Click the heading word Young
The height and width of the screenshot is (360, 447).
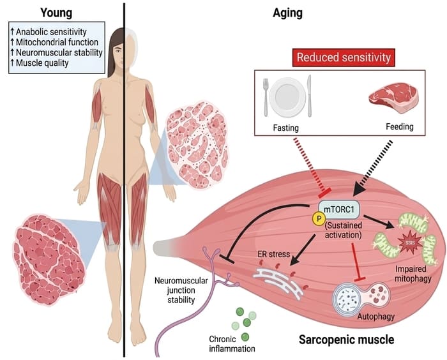coord(56,13)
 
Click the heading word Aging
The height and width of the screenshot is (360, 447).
coord(287,13)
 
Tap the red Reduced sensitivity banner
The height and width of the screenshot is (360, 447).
coord(344,57)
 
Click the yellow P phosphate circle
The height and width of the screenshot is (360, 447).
coord(319,219)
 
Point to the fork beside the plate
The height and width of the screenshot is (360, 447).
coord(266,97)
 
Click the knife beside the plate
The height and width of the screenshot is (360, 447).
coord(309,96)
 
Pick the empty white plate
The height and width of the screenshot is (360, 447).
coord(287,97)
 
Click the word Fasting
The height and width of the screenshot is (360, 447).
coord(285,128)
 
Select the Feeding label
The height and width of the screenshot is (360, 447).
coord(399,126)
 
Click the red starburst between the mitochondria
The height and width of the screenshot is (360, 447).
coord(411,243)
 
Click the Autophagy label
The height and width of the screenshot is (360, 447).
coord(376,317)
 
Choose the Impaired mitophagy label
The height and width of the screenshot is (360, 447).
coord(413,273)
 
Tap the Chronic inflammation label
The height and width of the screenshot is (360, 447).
coord(232,344)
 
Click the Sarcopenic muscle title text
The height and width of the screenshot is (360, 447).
coord(346,340)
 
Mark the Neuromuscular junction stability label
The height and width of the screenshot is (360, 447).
coord(181,290)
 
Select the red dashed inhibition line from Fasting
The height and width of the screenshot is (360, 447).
coord(312,167)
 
